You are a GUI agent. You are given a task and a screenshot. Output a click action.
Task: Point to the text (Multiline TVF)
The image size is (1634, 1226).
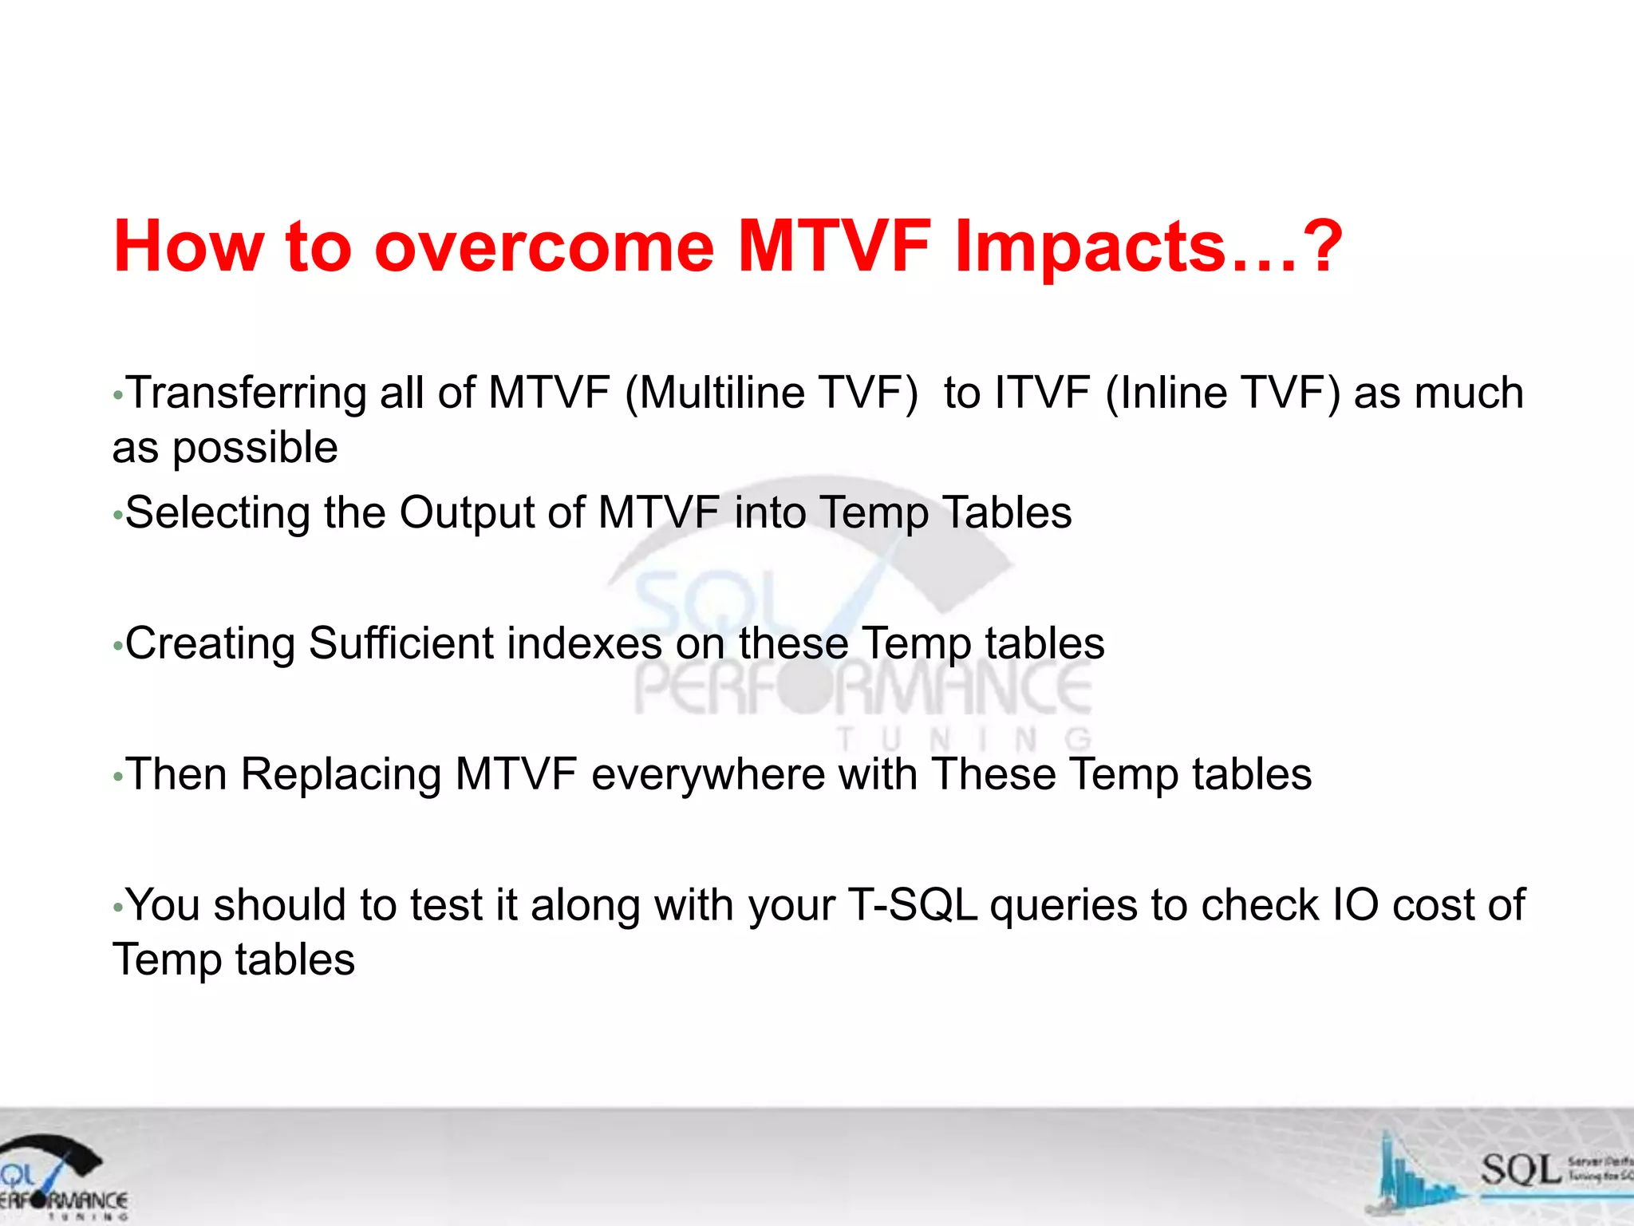click(x=771, y=393)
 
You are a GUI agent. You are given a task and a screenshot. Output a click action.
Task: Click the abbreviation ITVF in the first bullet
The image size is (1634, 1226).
click(x=1042, y=393)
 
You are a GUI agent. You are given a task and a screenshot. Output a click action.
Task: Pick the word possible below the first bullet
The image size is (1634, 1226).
click(x=255, y=447)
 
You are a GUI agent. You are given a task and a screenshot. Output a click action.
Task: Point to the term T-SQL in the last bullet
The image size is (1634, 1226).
click(x=912, y=905)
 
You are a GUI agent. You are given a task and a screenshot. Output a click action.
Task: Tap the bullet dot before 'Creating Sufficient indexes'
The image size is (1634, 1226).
click(x=117, y=646)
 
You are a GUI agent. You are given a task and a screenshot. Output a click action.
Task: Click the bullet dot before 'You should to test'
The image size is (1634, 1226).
click(x=117, y=908)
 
